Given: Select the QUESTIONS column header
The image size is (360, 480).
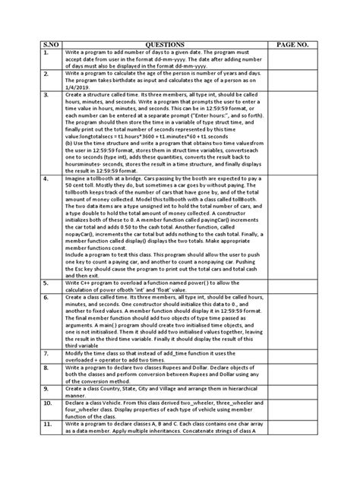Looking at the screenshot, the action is (159, 46).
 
